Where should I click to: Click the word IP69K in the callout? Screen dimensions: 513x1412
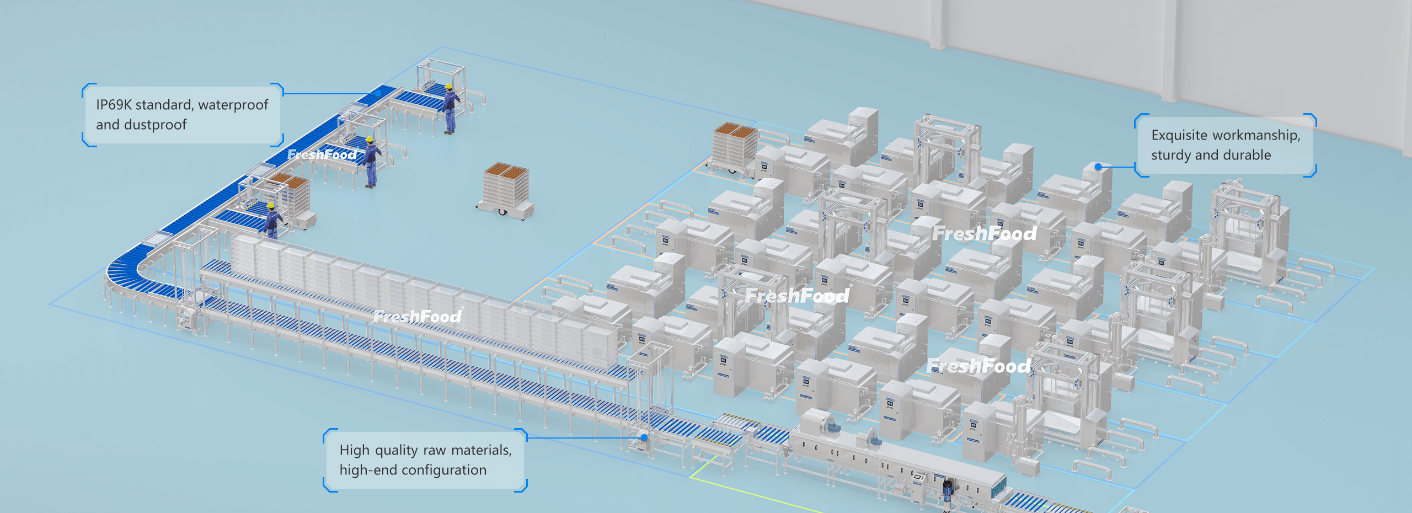click(x=113, y=105)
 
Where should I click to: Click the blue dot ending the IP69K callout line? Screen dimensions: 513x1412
click(x=377, y=94)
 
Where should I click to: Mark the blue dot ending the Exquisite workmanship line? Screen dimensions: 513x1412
click(x=1098, y=166)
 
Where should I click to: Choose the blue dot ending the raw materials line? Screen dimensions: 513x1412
click(x=644, y=437)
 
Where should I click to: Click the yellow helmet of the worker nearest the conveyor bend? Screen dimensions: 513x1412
click(x=271, y=206)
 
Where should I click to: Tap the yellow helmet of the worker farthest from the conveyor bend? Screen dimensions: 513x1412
click(x=449, y=87)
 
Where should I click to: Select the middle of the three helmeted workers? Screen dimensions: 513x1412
click(x=371, y=160)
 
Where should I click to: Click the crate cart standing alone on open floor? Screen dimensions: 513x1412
click(x=506, y=189)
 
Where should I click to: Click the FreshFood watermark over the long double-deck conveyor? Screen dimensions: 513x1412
click(x=418, y=317)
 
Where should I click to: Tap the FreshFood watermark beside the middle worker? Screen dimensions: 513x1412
click(x=322, y=155)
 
